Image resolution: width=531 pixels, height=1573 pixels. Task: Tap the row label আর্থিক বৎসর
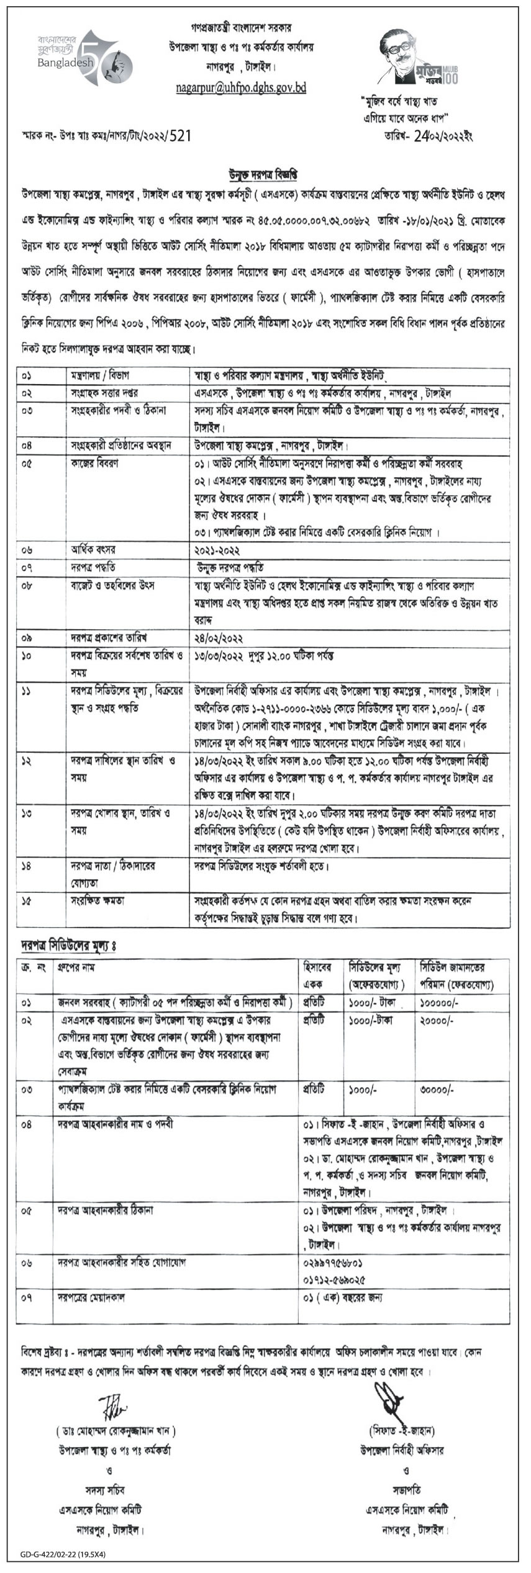(x=94, y=550)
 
